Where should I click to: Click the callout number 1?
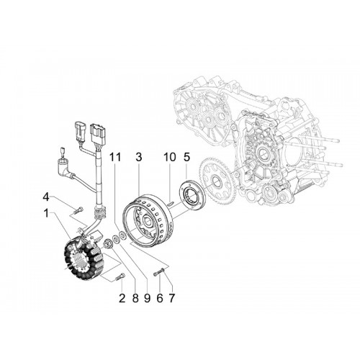tap(46, 213)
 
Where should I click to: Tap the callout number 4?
tap(46, 197)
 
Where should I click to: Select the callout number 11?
tap(115, 157)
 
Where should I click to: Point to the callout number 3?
tap(139, 157)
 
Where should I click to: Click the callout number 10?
tap(170, 157)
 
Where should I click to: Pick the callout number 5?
tap(186, 157)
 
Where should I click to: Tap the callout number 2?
tap(122, 298)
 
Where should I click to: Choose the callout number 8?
tap(135, 298)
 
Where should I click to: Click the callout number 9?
tap(147, 298)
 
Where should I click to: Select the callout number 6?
tap(160, 298)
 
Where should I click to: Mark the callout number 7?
tap(172, 298)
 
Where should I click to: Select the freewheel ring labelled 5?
tap(192, 193)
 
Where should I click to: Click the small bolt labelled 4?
tap(78, 210)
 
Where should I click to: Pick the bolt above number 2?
tap(120, 276)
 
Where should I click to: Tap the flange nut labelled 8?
tap(106, 244)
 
